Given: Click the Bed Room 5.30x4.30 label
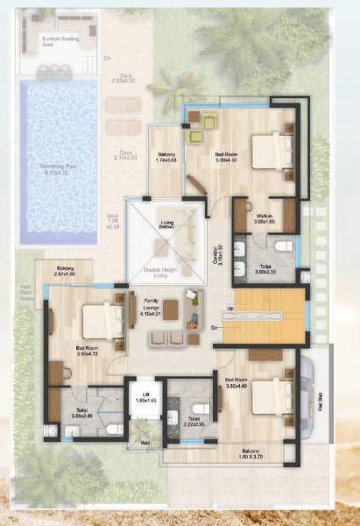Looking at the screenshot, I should (226, 156).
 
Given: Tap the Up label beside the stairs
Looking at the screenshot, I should (229, 309).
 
